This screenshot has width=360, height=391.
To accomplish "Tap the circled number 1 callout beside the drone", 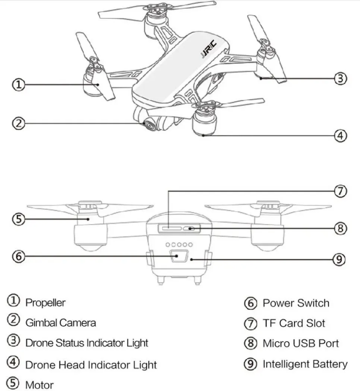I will click(x=18, y=85).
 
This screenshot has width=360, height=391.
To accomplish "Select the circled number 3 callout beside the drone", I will click(x=340, y=79).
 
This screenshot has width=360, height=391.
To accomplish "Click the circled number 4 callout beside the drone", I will click(x=340, y=136).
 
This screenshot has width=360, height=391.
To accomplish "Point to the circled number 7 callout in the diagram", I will click(x=340, y=191).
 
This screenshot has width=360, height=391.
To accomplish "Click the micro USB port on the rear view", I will click(x=189, y=228).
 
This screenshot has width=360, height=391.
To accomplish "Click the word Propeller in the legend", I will click(x=45, y=303).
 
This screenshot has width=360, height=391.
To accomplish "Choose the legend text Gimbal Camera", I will click(x=61, y=323).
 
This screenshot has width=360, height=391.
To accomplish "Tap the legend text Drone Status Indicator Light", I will click(x=87, y=343).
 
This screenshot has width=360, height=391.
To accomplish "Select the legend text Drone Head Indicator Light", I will click(x=91, y=365).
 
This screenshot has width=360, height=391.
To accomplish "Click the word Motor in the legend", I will click(x=39, y=385).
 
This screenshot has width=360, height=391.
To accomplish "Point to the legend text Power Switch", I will click(x=296, y=303).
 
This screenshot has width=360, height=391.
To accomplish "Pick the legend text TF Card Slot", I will click(x=294, y=323).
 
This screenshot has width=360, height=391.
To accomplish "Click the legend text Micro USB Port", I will click(x=301, y=343).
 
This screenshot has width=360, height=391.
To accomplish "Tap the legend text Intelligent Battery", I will click(x=305, y=364).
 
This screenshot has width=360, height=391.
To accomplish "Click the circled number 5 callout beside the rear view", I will click(x=18, y=219).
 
